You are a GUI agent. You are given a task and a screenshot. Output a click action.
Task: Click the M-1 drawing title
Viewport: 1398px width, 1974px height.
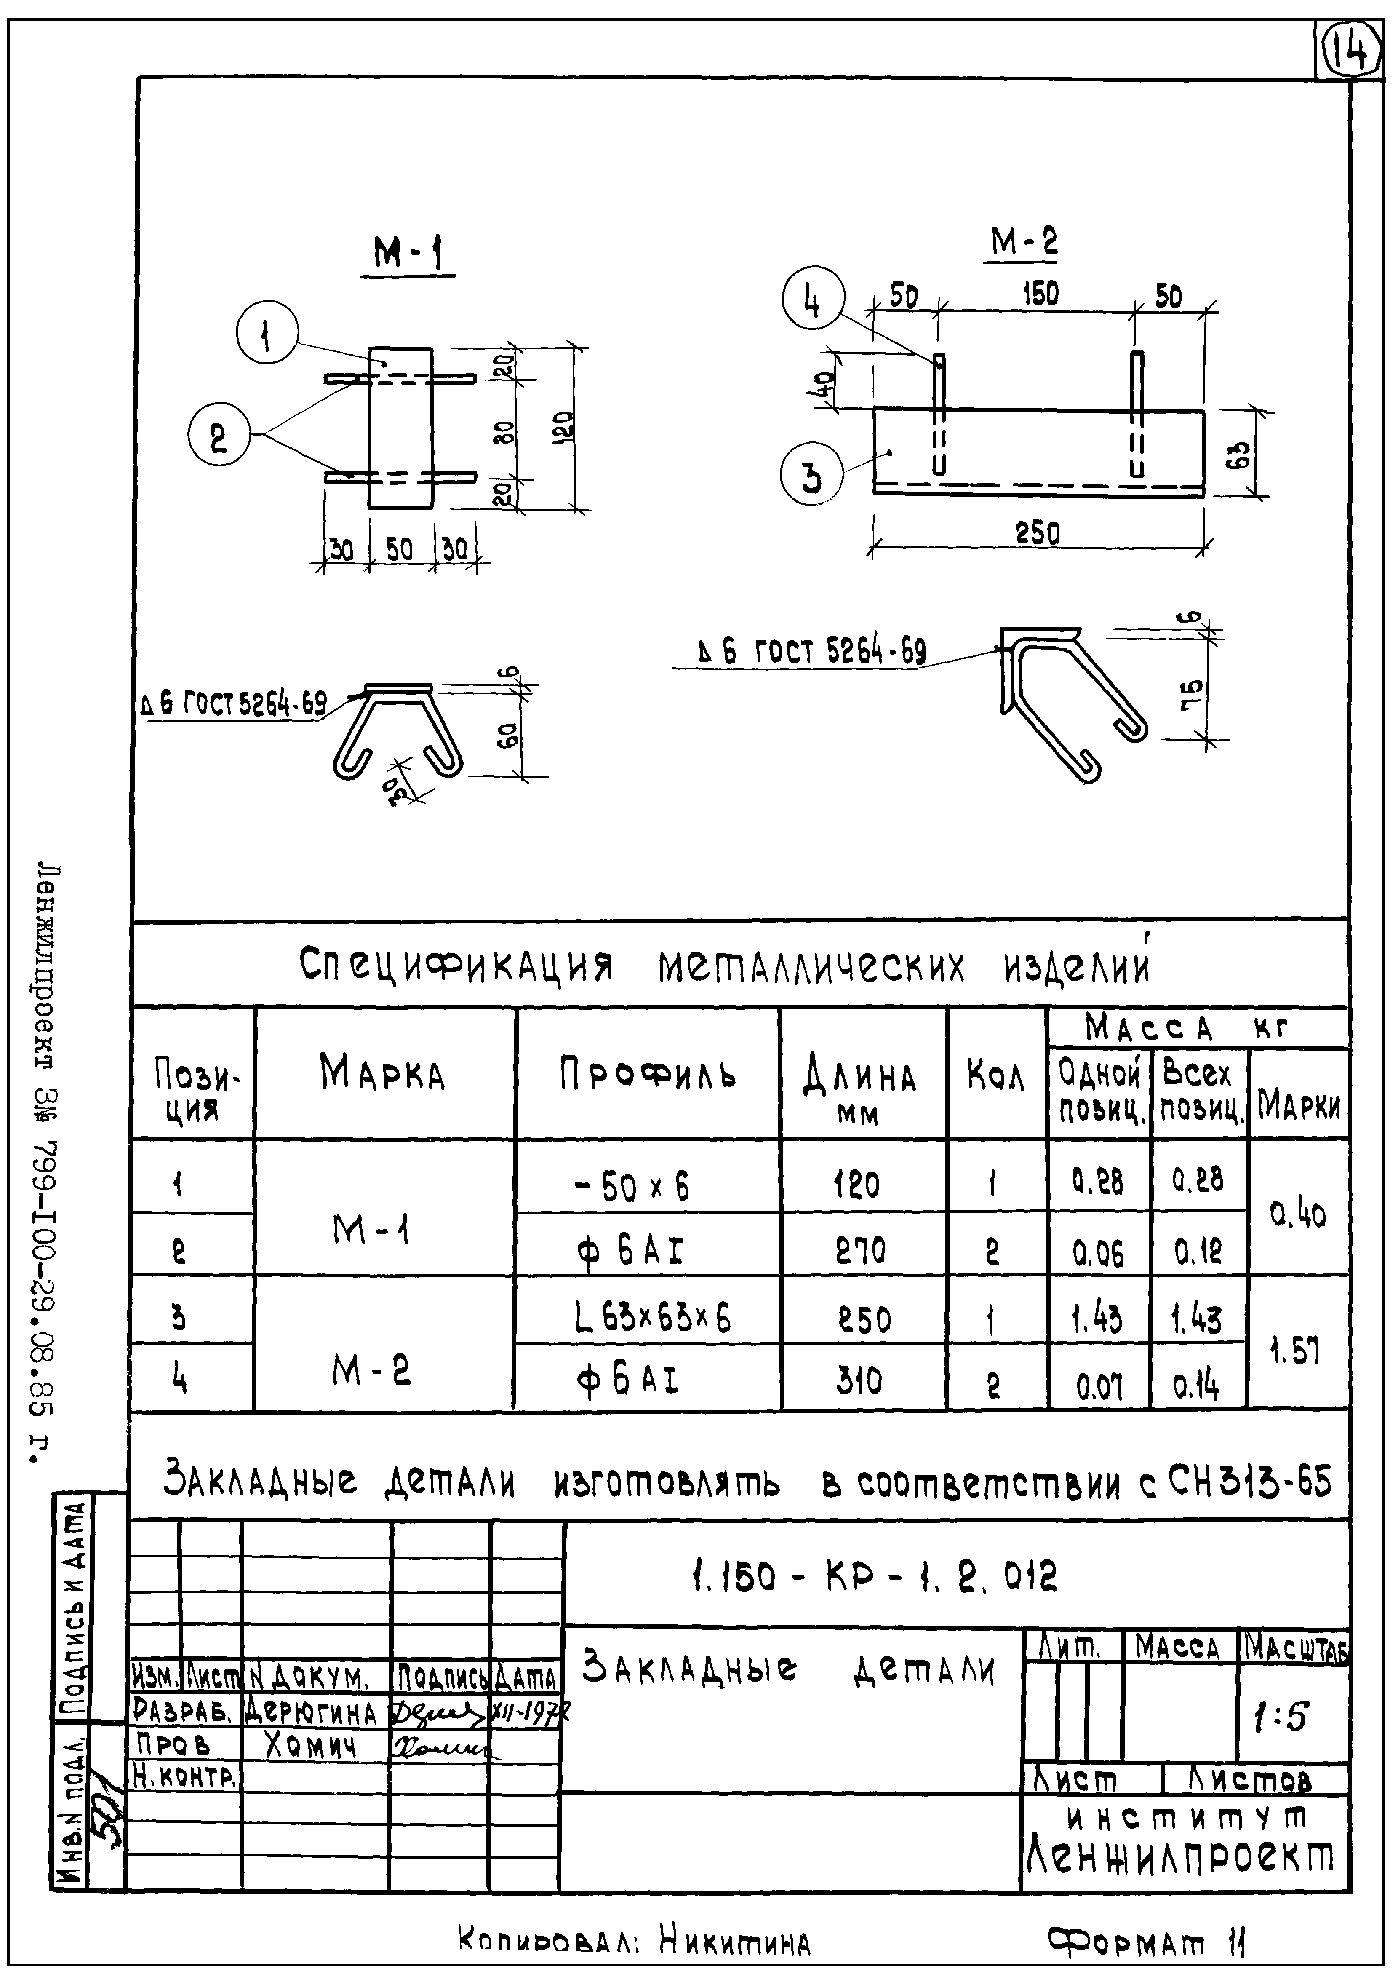pyautogui.click(x=407, y=255)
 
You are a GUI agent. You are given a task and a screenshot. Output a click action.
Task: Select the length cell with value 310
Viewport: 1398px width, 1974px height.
pyautogui.click(x=858, y=1381)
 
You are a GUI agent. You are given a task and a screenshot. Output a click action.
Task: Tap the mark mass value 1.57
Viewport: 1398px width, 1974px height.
pyautogui.click(x=1297, y=1351)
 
